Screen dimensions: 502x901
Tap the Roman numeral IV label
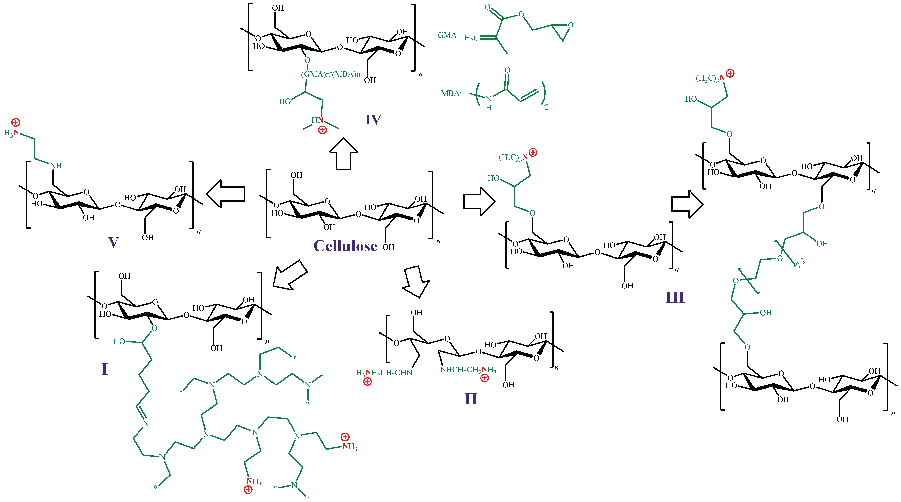tap(373, 120)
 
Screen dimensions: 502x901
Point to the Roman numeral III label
tap(675, 297)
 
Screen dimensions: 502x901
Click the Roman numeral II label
tap(471, 399)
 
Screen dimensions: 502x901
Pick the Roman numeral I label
tap(105, 369)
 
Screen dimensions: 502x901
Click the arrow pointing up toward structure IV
tap(344, 154)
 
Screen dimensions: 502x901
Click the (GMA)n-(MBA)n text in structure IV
tap(330, 74)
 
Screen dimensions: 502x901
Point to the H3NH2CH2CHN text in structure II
tap(384, 373)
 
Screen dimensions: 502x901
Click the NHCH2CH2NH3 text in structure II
tap(468, 370)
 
